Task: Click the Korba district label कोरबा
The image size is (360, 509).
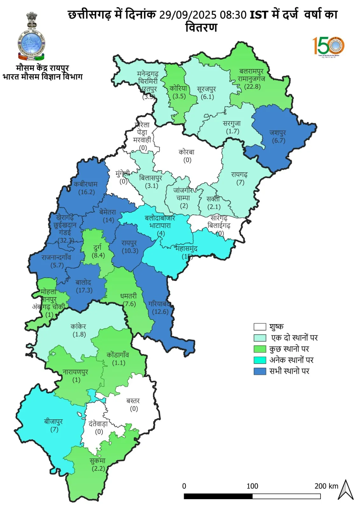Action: click(x=187, y=152)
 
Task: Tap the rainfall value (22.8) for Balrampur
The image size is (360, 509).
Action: click(x=252, y=87)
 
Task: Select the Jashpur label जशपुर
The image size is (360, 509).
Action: click(x=278, y=133)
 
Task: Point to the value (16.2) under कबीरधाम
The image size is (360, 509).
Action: click(x=86, y=192)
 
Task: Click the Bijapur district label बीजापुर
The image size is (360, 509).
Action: click(x=53, y=422)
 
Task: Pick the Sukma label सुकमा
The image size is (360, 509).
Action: click(x=97, y=461)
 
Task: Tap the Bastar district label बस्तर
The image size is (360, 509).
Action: click(x=133, y=401)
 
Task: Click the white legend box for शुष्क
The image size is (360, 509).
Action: click(x=259, y=327)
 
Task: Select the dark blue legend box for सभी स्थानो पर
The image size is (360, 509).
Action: click(x=259, y=371)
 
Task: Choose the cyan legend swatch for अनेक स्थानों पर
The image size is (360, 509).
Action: click(x=259, y=360)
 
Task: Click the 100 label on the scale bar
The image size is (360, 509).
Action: click(x=252, y=486)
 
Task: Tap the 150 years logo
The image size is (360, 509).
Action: click(x=328, y=46)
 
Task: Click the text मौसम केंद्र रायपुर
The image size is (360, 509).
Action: click(x=42, y=68)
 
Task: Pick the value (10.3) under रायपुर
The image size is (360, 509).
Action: click(x=130, y=251)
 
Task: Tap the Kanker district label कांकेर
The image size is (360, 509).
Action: click(x=78, y=326)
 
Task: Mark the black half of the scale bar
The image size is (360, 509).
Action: click(x=218, y=496)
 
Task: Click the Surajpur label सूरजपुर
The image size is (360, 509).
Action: click(x=207, y=89)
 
